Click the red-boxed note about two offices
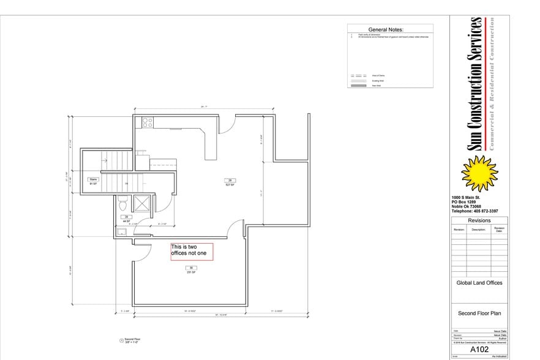click(192, 252)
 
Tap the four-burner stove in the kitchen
click(147, 122)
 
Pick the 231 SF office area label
click(191, 270)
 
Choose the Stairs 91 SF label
click(94, 181)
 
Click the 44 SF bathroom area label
click(126, 219)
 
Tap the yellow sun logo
click(479, 173)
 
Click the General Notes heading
click(390, 29)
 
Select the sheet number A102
click(479, 349)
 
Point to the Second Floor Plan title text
click(479, 313)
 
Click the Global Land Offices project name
click(479, 283)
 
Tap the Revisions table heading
click(479, 220)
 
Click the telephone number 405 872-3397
click(474, 211)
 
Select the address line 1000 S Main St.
click(467, 197)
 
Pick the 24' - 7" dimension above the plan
click(204, 107)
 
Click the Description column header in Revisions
click(479, 230)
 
